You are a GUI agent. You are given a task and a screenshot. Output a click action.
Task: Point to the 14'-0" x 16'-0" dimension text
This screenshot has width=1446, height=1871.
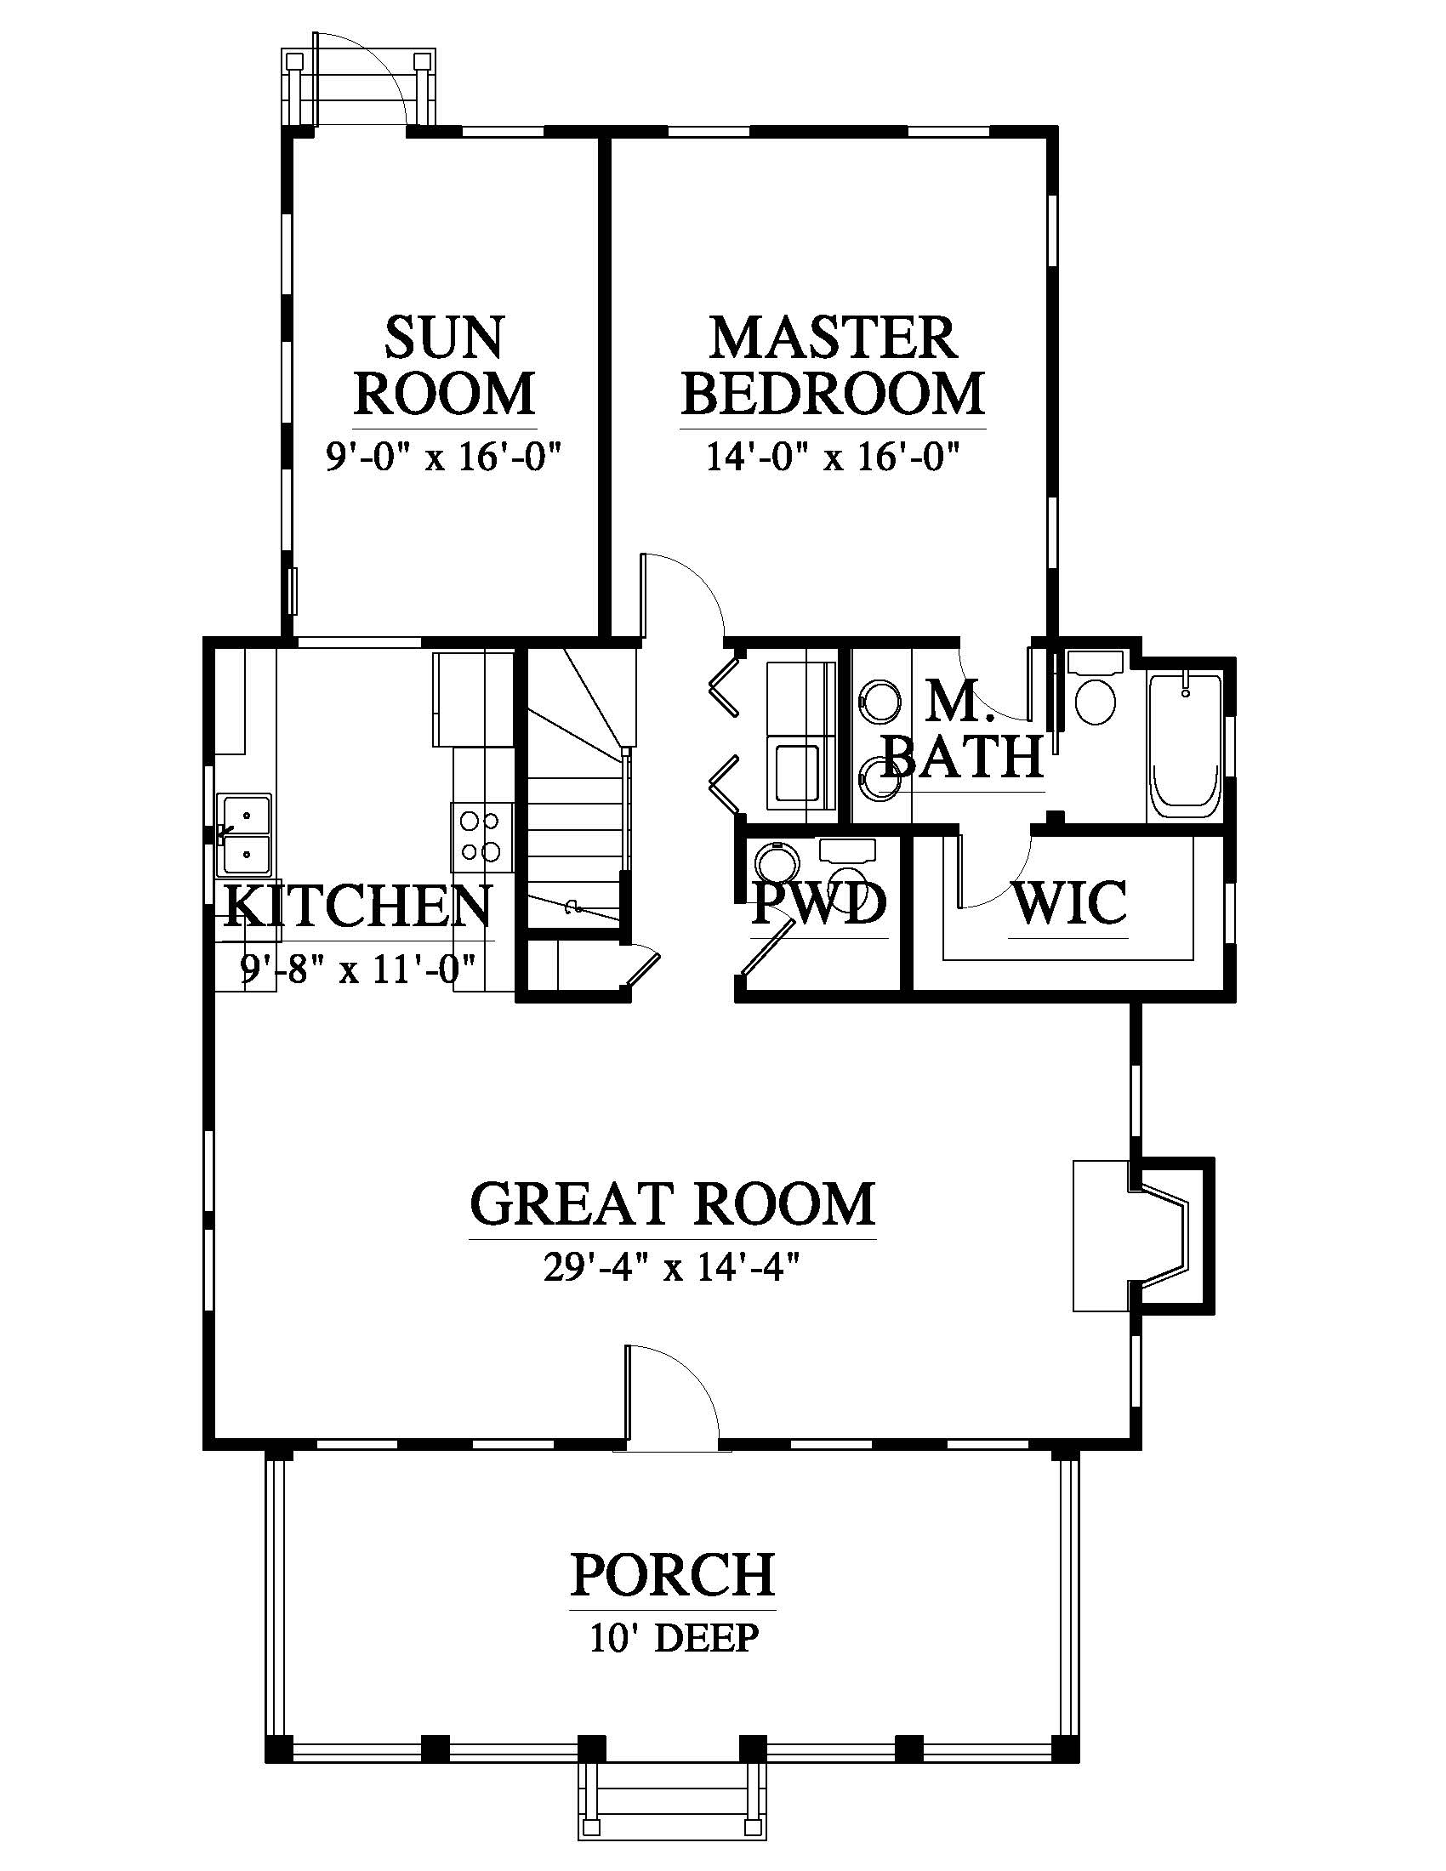832,456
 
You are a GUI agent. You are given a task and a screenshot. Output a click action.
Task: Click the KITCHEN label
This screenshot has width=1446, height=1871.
358,907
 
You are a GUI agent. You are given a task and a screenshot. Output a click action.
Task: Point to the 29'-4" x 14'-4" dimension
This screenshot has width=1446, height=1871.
672,1268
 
